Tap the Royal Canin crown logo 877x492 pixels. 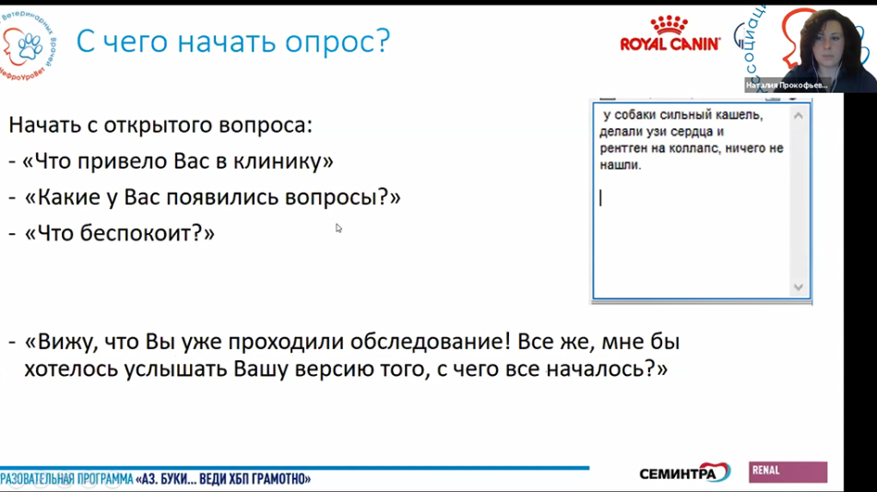coord(670,25)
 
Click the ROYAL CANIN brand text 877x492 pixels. coord(670,44)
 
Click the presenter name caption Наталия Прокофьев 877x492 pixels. coord(787,85)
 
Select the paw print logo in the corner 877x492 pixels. coord(22,43)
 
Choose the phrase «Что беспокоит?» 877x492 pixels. coord(120,233)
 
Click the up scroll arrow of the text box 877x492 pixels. coord(799,115)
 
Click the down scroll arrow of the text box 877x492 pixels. coord(799,287)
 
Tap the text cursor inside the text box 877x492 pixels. coord(601,197)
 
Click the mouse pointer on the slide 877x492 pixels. coord(338,228)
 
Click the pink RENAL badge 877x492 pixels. coord(788,472)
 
